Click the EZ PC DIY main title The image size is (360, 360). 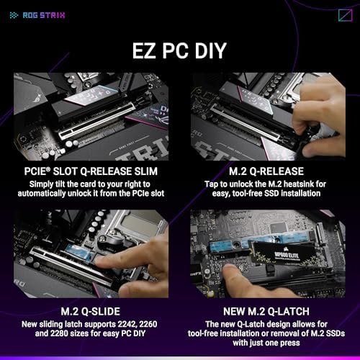point(180,51)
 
